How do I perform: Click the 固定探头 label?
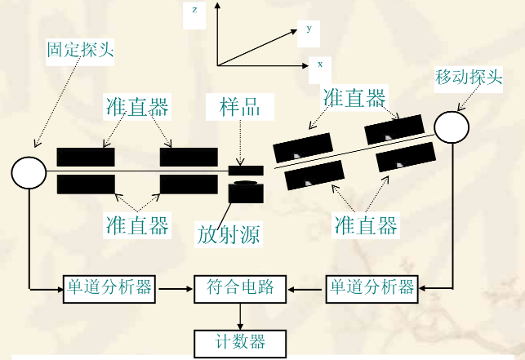coord(80,51)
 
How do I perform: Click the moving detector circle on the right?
coord(451,125)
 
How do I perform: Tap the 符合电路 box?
coord(239,288)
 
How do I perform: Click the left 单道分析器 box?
coord(109,287)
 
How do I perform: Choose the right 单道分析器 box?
coord(372,287)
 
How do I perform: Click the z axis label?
coord(194,11)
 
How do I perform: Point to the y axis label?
coord(309,29)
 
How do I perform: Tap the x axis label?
coord(319,63)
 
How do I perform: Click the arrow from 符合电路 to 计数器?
coord(240,315)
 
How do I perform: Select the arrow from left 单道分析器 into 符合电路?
coord(175,287)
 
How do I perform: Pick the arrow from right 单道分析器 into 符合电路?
coord(305,287)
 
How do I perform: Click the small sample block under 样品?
coord(246,170)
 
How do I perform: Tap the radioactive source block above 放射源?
coord(246,193)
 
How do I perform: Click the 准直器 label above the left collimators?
coord(137,107)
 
